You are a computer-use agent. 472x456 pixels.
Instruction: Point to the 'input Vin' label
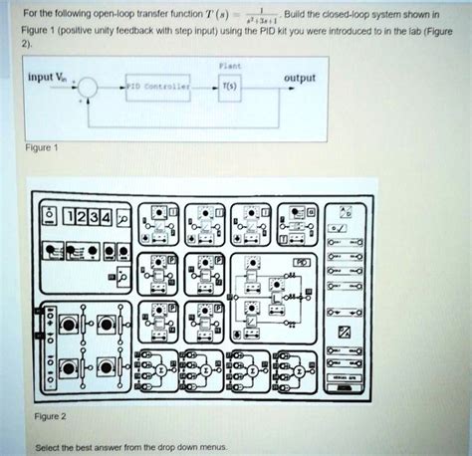48,77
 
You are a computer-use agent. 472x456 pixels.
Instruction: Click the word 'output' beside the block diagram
302,78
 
